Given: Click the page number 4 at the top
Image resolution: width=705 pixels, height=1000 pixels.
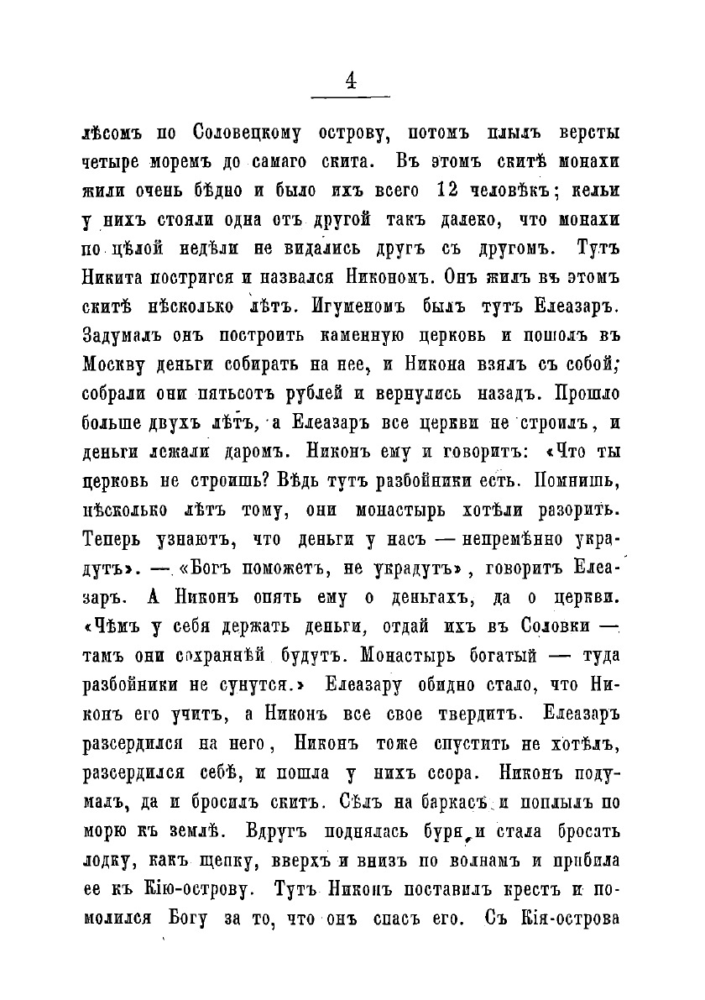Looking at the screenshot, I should pos(351,81).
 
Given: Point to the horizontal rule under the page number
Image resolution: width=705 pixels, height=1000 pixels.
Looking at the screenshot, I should pos(352,100).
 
